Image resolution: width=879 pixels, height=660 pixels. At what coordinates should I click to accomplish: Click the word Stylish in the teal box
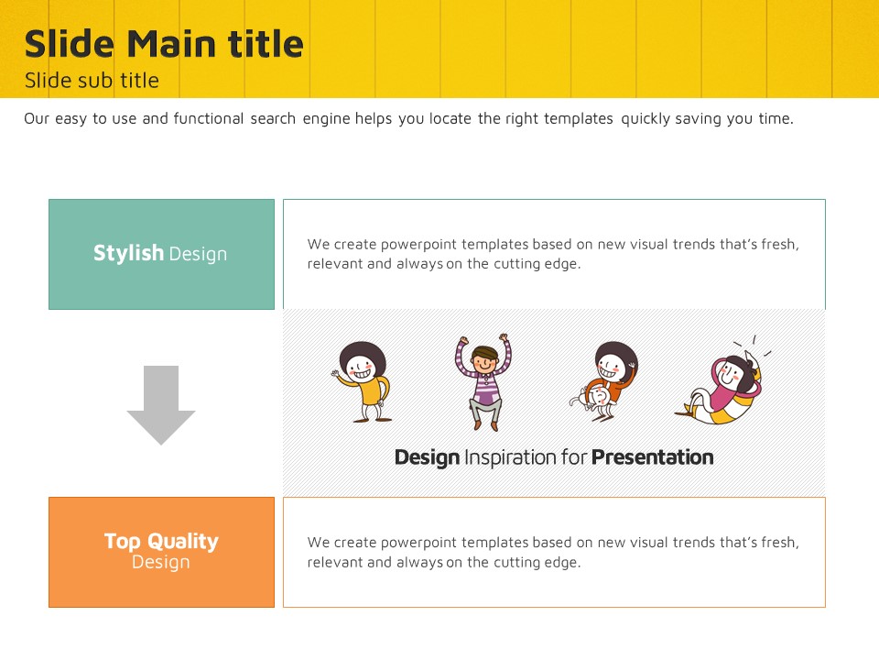[x=128, y=253]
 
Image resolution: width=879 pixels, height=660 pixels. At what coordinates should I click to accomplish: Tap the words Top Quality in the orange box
[x=161, y=542]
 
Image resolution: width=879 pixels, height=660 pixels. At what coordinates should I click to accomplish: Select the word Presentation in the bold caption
[x=653, y=457]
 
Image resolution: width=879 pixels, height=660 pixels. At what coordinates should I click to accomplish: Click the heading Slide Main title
[x=164, y=44]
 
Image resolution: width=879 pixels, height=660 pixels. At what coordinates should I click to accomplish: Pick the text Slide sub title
[x=92, y=81]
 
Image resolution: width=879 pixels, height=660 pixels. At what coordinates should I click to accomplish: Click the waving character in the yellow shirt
[x=363, y=382]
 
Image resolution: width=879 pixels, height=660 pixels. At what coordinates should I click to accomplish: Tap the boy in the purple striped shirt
[x=483, y=382]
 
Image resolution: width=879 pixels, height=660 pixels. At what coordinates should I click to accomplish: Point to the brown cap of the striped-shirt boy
[x=485, y=352]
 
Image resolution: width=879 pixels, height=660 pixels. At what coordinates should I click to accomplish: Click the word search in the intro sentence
[x=273, y=119]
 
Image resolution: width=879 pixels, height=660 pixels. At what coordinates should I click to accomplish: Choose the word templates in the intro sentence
[x=579, y=119]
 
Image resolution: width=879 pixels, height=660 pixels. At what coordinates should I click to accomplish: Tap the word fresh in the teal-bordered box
[x=780, y=245]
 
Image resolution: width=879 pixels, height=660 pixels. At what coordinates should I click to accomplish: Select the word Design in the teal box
[x=198, y=254]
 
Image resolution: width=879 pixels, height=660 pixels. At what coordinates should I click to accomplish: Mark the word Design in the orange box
[x=161, y=562]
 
